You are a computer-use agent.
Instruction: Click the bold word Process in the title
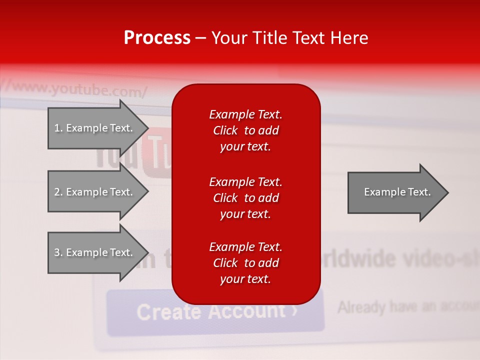(x=157, y=38)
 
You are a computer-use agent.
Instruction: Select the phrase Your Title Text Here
(x=289, y=38)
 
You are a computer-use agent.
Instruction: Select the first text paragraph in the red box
(x=245, y=130)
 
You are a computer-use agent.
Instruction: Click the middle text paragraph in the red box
(x=245, y=198)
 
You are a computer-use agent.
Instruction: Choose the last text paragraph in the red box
(x=245, y=263)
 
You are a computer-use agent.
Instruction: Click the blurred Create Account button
(x=215, y=311)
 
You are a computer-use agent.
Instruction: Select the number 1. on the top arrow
(x=58, y=128)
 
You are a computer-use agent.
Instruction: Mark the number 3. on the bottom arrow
(x=58, y=252)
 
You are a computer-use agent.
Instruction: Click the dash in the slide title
(x=200, y=38)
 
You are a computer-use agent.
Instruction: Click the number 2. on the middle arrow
(x=58, y=192)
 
